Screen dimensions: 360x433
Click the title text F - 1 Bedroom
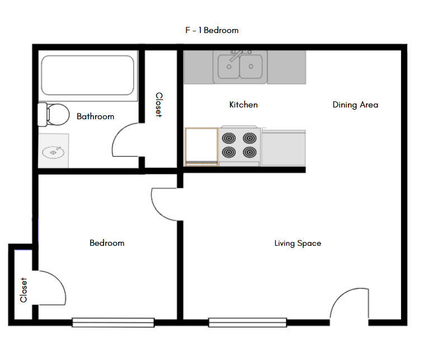(211, 30)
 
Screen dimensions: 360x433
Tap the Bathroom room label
(95, 116)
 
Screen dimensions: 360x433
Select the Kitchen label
(243, 105)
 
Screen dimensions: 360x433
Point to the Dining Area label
(355, 105)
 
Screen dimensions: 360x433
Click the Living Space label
(298, 243)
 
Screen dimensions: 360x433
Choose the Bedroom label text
(107, 243)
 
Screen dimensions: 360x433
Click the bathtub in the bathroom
(88, 76)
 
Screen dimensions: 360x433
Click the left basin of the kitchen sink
(228, 67)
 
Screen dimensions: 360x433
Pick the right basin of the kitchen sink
(252, 67)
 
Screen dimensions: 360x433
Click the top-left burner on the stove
(229, 138)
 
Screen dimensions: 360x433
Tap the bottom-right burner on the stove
(250, 152)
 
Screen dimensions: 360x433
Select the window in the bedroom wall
(113, 322)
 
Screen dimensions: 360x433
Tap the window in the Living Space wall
(247, 322)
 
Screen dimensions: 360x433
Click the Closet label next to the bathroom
(158, 105)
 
